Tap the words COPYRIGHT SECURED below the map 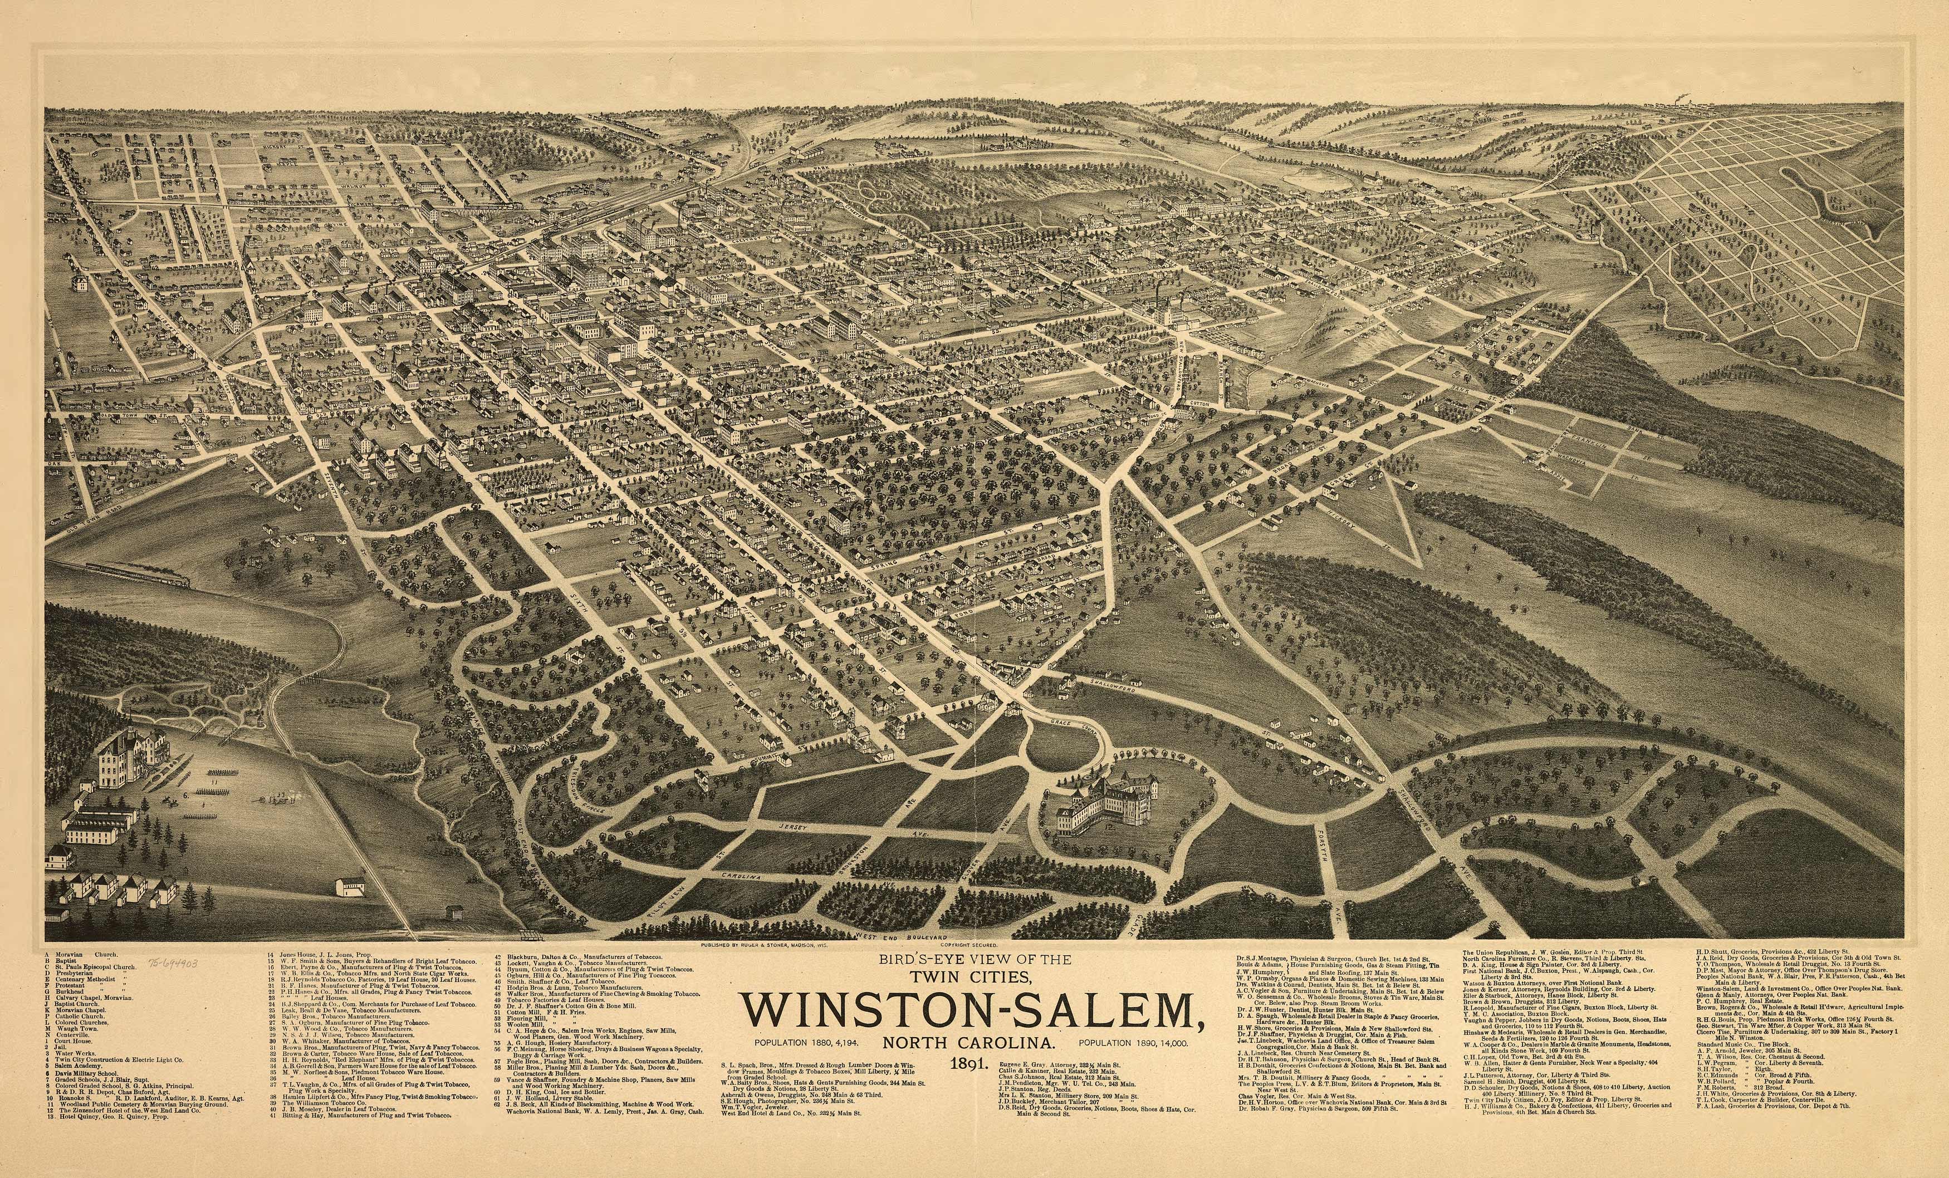click(x=969, y=944)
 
